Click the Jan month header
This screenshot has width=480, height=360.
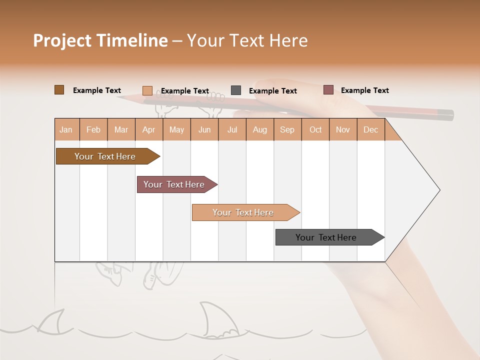[x=66, y=129]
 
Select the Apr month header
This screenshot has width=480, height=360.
[x=148, y=129]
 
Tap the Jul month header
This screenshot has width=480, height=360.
[x=232, y=129]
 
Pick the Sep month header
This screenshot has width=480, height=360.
[x=287, y=129]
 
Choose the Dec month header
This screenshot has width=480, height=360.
[x=370, y=129]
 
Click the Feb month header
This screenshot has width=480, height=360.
[x=93, y=129]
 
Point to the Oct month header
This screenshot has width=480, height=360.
[x=315, y=129]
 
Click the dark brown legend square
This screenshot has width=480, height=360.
[x=59, y=90]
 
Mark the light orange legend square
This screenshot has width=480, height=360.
[x=147, y=90]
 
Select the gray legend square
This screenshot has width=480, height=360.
[x=236, y=90]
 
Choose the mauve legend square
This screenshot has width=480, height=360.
[x=328, y=90]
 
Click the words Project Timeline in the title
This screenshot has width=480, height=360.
[x=100, y=40]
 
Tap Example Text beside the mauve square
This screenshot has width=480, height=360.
[x=364, y=90]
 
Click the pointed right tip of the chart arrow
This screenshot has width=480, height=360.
[x=438, y=190]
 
